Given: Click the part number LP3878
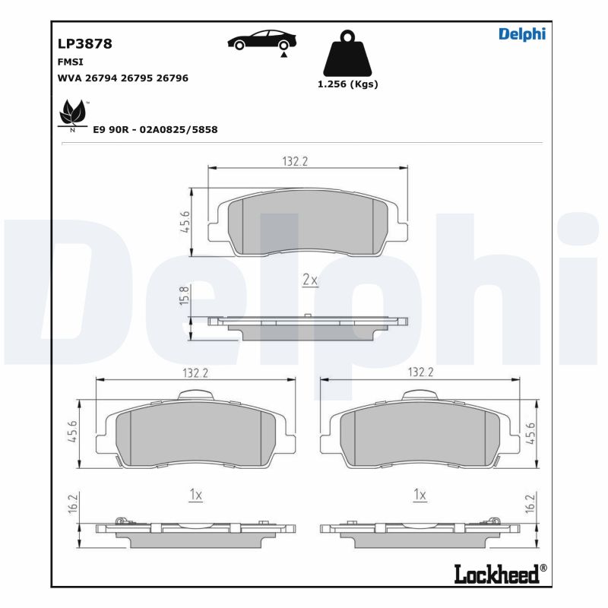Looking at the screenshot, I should (x=84, y=44).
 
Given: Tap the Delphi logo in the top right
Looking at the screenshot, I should (x=521, y=34).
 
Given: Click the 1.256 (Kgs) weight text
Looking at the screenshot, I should (x=347, y=84).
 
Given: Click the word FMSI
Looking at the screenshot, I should (x=70, y=62).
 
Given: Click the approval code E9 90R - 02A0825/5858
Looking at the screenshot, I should (x=155, y=130).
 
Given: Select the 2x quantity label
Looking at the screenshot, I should (x=309, y=280).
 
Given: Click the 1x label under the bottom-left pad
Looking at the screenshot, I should (x=195, y=495).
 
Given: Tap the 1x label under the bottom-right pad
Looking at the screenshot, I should (x=419, y=495).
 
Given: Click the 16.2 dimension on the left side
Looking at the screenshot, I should (x=74, y=505).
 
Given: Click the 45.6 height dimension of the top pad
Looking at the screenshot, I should (x=185, y=223).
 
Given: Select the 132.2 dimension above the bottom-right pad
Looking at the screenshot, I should (x=420, y=372).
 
